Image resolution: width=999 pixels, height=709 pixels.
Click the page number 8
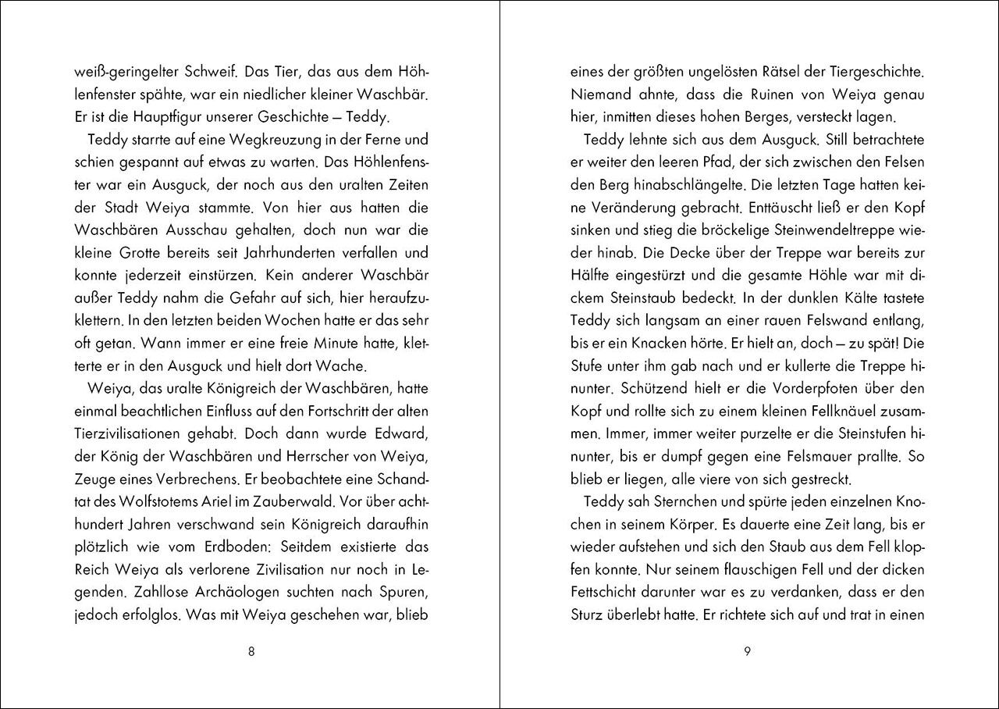[x=251, y=653]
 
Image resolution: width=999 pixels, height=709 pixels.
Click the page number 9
[x=748, y=653]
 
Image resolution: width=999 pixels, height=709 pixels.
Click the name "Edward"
[x=398, y=433]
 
